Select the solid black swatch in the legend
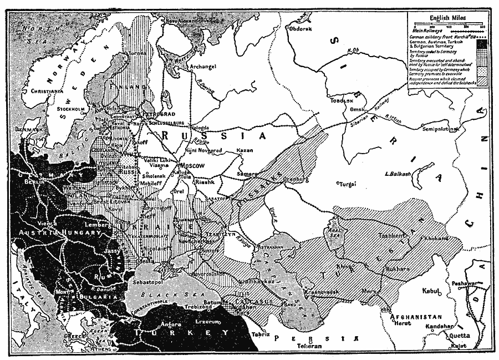pos(482,43)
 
